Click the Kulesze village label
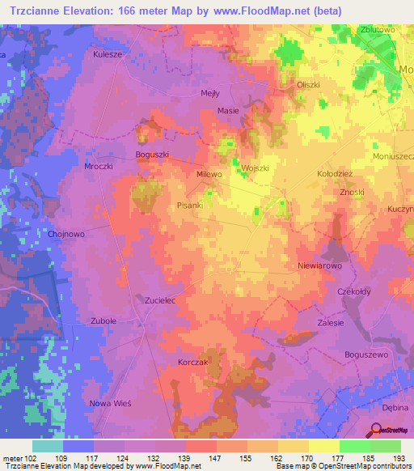coord(107,55)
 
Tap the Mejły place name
coord(209,92)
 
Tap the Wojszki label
coord(256,168)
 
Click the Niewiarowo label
coord(321,265)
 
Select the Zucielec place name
coord(160,299)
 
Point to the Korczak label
coord(193,363)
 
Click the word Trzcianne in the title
coord(40,11)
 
